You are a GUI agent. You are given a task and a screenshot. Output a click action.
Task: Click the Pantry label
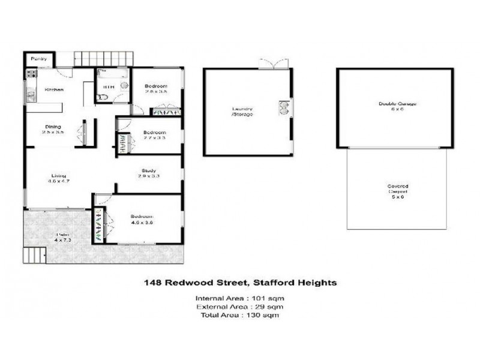[39, 59]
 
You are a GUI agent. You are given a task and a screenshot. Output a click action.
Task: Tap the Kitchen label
[54, 90]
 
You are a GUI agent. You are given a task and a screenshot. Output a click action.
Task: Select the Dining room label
[53, 127]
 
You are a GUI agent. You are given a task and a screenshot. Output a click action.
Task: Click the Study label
[149, 170]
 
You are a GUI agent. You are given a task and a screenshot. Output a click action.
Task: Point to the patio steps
[34, 256]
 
